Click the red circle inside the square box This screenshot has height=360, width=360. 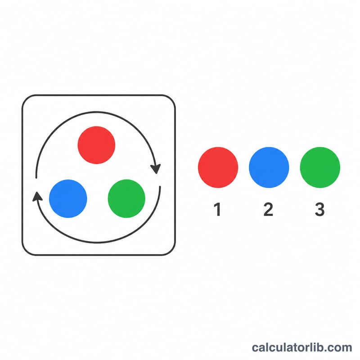(96, 145)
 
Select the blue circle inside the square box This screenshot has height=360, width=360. (68, 198)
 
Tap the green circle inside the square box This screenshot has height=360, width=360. (126, 198)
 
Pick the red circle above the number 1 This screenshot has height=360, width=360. (218, 167)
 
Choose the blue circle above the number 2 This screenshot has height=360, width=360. (269, 167)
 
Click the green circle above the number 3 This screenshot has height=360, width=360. (320, 167)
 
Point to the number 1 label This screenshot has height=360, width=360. (217, 209)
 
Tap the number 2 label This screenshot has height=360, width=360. (268, 209)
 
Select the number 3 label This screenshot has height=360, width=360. (319, 209)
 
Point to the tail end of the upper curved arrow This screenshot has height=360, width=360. (36, 177)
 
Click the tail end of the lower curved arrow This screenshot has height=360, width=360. (160, 187)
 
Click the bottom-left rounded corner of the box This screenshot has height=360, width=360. (26, 251)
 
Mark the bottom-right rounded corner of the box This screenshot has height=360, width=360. (171, 251)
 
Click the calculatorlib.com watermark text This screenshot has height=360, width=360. (302, 347)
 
